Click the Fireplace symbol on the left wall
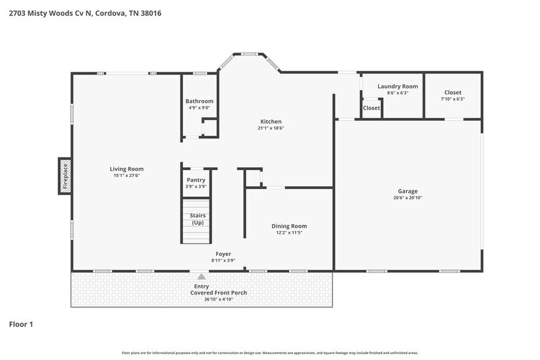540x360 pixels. click(65, 176)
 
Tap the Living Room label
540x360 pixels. click(127, 169)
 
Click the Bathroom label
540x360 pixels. click(200, 101)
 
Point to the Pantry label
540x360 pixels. click(196, 180)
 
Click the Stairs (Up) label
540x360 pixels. click(198, 219)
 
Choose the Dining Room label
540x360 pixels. click(289, 226)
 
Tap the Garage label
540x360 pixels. click(408, 191)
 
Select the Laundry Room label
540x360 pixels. click(397, 86)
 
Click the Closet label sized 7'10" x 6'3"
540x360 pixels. click(452, 92)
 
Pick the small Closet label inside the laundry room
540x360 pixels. click(371, 108)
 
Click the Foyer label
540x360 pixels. click(223, 253)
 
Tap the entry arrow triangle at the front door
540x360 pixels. click(201, 277)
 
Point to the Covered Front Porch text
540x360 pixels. click(219, 293)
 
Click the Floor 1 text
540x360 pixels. click(21, 324)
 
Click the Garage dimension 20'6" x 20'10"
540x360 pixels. click(408, 198)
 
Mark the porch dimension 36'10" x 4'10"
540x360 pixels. click(219, 299)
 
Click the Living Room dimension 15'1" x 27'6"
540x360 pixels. click(127, 176)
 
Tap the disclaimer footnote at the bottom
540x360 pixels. click(270, 353)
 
